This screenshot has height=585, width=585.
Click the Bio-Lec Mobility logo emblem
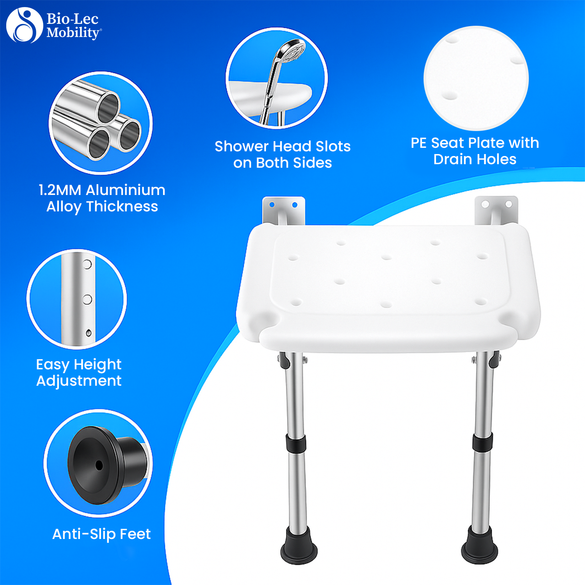pyautogui.click(x=24, y=25)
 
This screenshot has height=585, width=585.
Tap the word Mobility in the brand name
pyautogui.click(x=73, y=33)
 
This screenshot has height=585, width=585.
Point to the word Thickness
pyautogui.click(x=122, y=206)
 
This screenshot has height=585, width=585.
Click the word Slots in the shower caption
pyautogui.click(x=333, y=146)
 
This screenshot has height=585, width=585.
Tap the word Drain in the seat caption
pyautogui.click(x=452, y=159)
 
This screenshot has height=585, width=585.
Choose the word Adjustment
pyautogui.click(x=79, y=381)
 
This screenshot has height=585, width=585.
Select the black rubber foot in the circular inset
pyautogui.click(x=108, y=464)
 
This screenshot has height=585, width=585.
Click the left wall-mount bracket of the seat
pyautogui.click(x=284, y=211)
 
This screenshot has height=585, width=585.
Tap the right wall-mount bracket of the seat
pyautogui.click(x=496, y=211)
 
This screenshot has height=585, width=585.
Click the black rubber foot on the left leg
pyautogui.click(x=299, y=545)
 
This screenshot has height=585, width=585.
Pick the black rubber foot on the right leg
pyautogui.click(x=479, y=544)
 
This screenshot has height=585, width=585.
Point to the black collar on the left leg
pyautogui.click(x=296, y=443)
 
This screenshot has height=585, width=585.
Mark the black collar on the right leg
pyautogui.click(x=482, y=442)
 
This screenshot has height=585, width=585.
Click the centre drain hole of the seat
pyautogui.click(x=386, y=257)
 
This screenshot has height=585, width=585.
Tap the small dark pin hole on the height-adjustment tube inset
pyautogui.click(x=89, y=333)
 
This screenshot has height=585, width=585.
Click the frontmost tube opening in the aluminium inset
pyautogui.click(x=99, y=144)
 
